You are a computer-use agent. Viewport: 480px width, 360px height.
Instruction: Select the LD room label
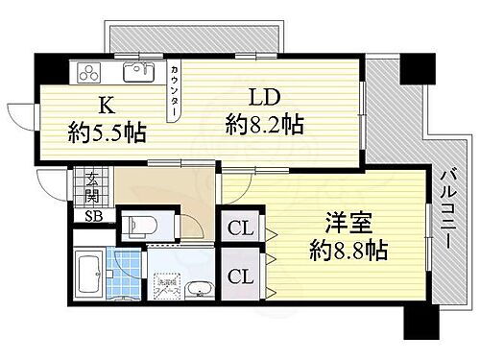click(265, 98)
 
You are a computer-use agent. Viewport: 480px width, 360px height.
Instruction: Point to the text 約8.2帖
click(264, 125)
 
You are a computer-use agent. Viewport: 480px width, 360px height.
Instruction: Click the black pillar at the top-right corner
click(416, 70)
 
